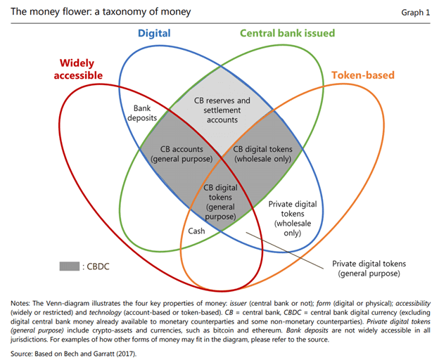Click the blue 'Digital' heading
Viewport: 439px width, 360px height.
154,33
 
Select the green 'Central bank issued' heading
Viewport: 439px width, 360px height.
287,33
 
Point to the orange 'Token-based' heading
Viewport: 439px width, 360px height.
362,75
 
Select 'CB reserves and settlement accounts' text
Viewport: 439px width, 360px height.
221,110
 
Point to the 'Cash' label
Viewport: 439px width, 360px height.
196,231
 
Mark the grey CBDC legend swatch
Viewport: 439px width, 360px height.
69,266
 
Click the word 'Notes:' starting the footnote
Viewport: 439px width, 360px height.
23,302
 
